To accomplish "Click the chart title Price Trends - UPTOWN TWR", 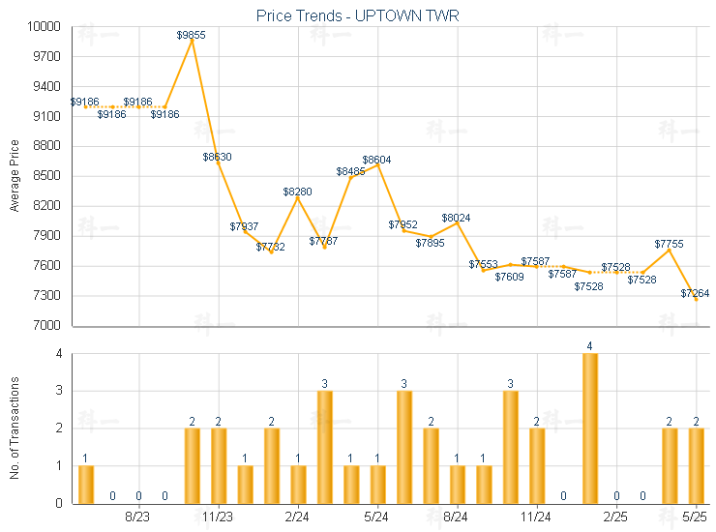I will (x=358, y=16).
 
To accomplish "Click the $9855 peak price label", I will (x=192, y=35).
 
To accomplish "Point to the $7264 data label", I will (x=696, y=293).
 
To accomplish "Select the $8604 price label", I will (x=377, y=160).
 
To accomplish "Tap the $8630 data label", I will (x=217, y=157).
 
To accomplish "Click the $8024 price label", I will (x=457, y=219).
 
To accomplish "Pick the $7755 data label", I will (x=670, y=245).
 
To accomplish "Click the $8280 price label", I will (x=298, y=192).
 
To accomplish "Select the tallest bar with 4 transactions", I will (x=589, y=428).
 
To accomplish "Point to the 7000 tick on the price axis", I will (x=50, y=325).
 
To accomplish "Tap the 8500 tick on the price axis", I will (x=50, y=176).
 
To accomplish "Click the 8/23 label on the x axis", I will (x=138, y=517).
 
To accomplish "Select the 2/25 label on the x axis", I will (x=616, y=517).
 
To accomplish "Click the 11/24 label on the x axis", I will (x=536, y=517).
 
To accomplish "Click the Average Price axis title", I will (x=14, y=176).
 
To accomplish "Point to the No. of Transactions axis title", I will (x=14, y=426).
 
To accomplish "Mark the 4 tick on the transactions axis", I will (x=59, y=354).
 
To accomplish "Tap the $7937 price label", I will (x=245, y=226).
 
